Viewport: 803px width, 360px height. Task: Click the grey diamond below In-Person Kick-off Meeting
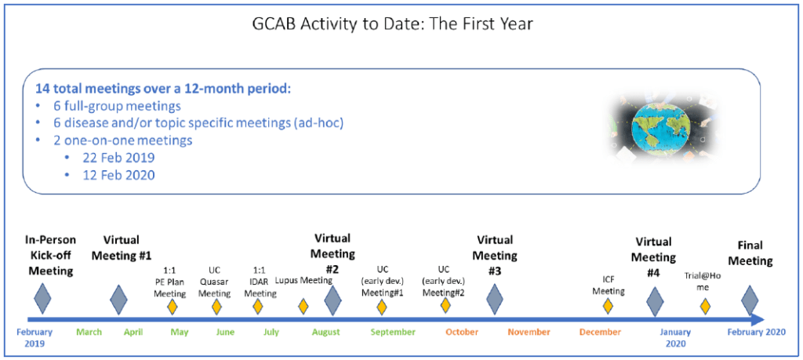[43, 299]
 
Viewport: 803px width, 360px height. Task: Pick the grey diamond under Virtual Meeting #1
[119, 299]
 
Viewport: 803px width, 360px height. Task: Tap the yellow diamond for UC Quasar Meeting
[216, 307]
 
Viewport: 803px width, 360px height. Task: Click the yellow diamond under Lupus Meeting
[303, 307]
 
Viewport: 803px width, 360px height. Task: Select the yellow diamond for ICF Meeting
[608, 307]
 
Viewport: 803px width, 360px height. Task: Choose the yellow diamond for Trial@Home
[705, 307]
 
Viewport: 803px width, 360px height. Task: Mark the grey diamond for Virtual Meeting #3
[494, 299]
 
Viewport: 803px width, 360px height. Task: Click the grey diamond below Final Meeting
[750, 300]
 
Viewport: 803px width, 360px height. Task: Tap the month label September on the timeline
[393, 333]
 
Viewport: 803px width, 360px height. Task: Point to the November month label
[529, 333]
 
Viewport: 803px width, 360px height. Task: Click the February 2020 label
[757, 333]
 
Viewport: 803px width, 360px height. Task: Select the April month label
[133, 333]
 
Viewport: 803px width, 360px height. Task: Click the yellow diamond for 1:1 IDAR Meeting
[257, 307]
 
